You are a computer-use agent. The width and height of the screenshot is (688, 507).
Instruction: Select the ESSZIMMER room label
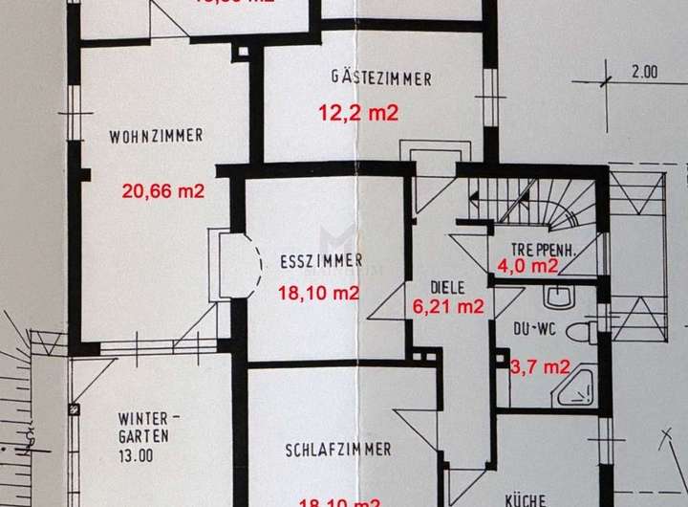320,260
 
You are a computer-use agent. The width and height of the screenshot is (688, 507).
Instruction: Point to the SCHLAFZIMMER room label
337,450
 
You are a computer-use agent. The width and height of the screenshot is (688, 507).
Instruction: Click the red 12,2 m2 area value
357,113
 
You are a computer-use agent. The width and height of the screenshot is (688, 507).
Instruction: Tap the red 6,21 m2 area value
447,307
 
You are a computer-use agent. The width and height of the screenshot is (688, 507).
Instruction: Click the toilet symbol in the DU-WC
581,332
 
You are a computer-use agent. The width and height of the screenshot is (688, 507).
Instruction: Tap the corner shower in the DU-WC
579,387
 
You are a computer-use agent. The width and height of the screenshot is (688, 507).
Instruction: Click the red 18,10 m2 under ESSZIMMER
317,294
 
